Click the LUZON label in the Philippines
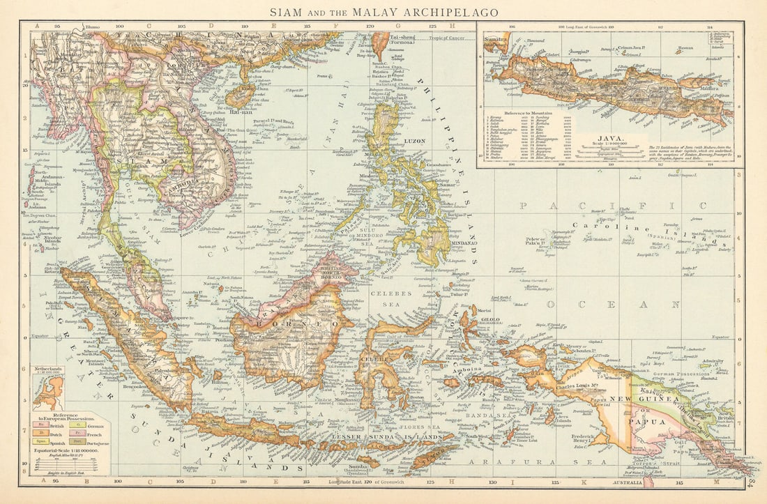click(414, 142)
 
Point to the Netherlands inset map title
click(47, 369)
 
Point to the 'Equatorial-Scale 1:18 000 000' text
click(68, 450)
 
